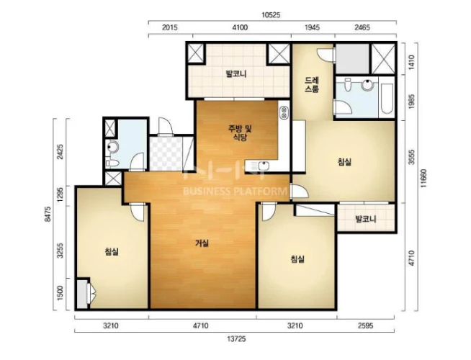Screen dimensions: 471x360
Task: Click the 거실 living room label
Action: pos(202,243)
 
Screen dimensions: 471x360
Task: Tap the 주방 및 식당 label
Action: pos(240,133)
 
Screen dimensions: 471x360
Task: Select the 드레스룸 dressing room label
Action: pos(312,85)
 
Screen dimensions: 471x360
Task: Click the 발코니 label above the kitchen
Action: pos(236,73)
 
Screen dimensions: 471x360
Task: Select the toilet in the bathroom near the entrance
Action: pos(112,163)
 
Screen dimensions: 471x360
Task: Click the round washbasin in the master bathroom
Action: pos(368,85)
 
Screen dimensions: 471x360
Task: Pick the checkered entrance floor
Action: pos(166,153)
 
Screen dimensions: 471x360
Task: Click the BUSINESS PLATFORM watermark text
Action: pos(235,192)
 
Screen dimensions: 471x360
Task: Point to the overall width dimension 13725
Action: pos(236,339)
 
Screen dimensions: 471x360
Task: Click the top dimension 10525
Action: pos(271,15)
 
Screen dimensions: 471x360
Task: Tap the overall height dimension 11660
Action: pos(424,179)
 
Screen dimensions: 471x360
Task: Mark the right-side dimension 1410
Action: pos(411,61)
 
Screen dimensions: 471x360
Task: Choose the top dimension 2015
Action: pos(170,27)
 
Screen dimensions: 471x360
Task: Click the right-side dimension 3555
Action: pos(412,157)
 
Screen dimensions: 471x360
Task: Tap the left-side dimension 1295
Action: pos(60,194)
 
